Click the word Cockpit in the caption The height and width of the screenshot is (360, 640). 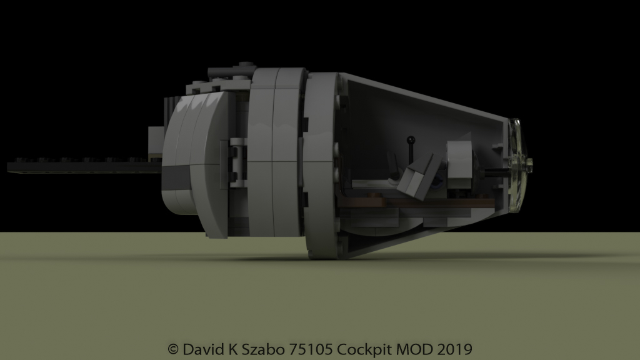click(x=361, y=348)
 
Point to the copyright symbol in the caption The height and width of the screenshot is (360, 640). click(x=173, y=348)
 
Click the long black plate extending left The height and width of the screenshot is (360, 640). click(x=75, y=166)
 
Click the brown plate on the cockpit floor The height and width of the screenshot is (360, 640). click(x=406, y=202)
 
